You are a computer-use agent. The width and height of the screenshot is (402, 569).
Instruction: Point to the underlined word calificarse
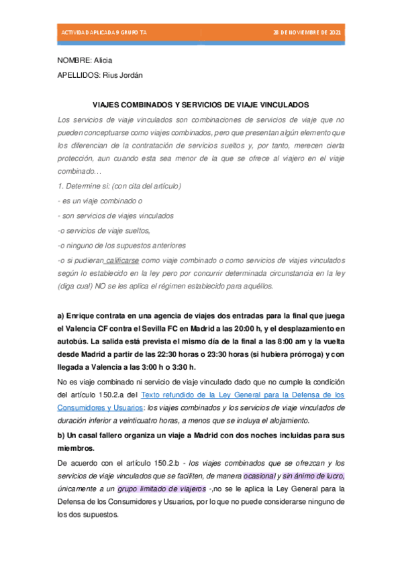123,260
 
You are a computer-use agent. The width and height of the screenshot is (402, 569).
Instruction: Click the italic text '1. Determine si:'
83,186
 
